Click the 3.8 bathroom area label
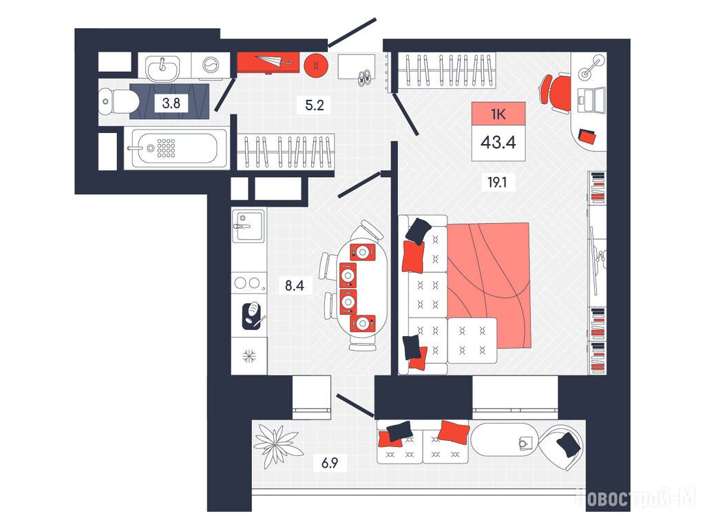[171, 103]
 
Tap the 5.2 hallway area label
[314, 105]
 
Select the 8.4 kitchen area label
[295, 285]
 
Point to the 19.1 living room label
[497, 183]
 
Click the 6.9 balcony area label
[330, 462]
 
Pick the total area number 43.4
[498, 143]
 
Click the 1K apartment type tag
[498, 114]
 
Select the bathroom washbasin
[162, 68]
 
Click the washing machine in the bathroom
[211, 65]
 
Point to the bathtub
[177, 148]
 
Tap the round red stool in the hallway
[316, 66]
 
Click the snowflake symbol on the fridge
[249, 356]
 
